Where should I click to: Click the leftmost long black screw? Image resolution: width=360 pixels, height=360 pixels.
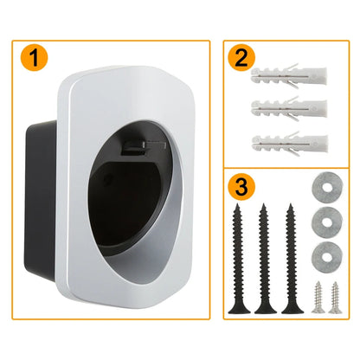(x=235, y=260)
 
